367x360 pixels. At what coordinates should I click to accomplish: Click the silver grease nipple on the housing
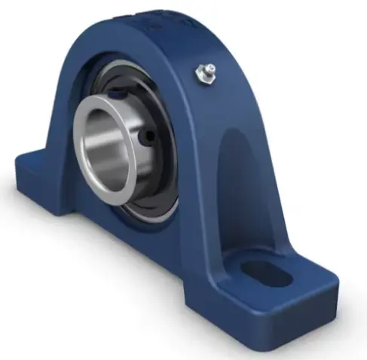coord(201,73)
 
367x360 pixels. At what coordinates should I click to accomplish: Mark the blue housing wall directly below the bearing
coord(151,241)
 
